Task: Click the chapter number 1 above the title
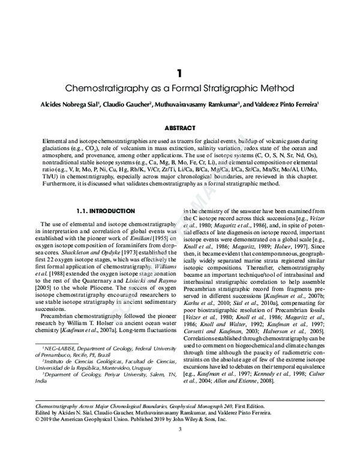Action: pyautogui.click(x=179, y=73)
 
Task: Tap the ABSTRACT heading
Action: pyautogui.click(x=179, y=128)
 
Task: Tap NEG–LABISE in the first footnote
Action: pyautogui.click(x=57, y=348)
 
